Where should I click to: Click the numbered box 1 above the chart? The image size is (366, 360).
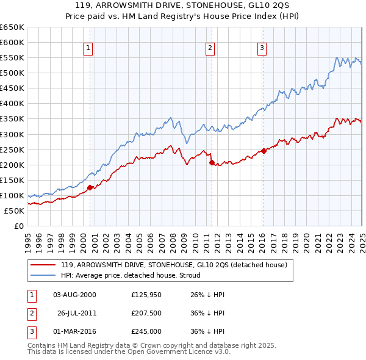(88, 49)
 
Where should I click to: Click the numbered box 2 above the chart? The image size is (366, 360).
(210, 49)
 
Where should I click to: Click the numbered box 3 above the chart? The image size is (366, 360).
(262, 49)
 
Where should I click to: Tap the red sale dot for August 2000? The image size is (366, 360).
(90, 187)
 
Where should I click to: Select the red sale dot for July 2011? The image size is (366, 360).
(212, 162)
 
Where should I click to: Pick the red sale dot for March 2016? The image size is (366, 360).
(264, 151)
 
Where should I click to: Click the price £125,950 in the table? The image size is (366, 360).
(145, 295)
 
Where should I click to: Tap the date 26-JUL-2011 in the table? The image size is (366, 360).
(76, 313)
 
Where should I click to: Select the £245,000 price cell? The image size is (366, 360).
(146, 331)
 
